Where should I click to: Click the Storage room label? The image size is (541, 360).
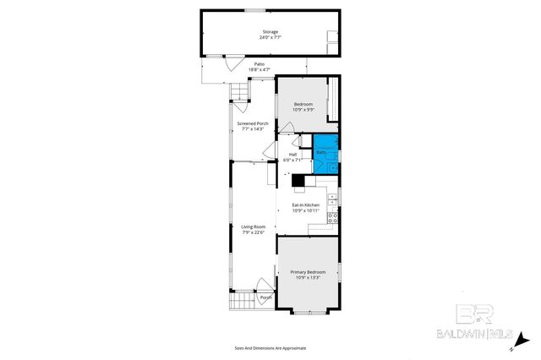(x=269, y=32)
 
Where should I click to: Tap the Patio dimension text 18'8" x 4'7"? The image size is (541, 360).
(x=260, y=69)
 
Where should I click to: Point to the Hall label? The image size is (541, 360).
(x=293, y=154)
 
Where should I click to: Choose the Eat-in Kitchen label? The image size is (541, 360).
(x=305, y=205)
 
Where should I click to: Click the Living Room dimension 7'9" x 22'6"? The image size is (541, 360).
(x=254, y=232)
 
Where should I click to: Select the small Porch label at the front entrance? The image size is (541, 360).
(x=265, y=297)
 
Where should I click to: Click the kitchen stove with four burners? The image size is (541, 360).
(x=333, y=217)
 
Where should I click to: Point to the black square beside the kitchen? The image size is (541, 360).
(x=298, y=180)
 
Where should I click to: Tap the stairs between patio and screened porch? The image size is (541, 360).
(x=242, y=90)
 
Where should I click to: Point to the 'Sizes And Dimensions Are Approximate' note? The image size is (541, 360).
(x=270, y=348)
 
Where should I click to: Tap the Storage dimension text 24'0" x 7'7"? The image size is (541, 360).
(x=269, y=37)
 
